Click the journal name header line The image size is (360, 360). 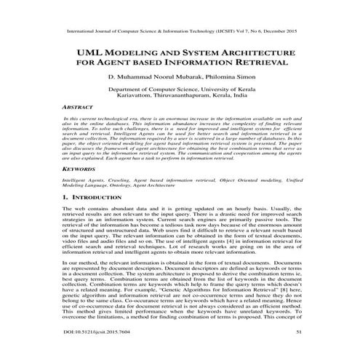click(x=180, y=32)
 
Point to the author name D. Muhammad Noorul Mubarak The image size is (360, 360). click(x=151, y=76)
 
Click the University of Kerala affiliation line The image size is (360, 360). click(x=180, y=87)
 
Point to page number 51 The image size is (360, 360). click(x=295, y=351)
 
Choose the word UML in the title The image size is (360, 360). click(x=90, y=54)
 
